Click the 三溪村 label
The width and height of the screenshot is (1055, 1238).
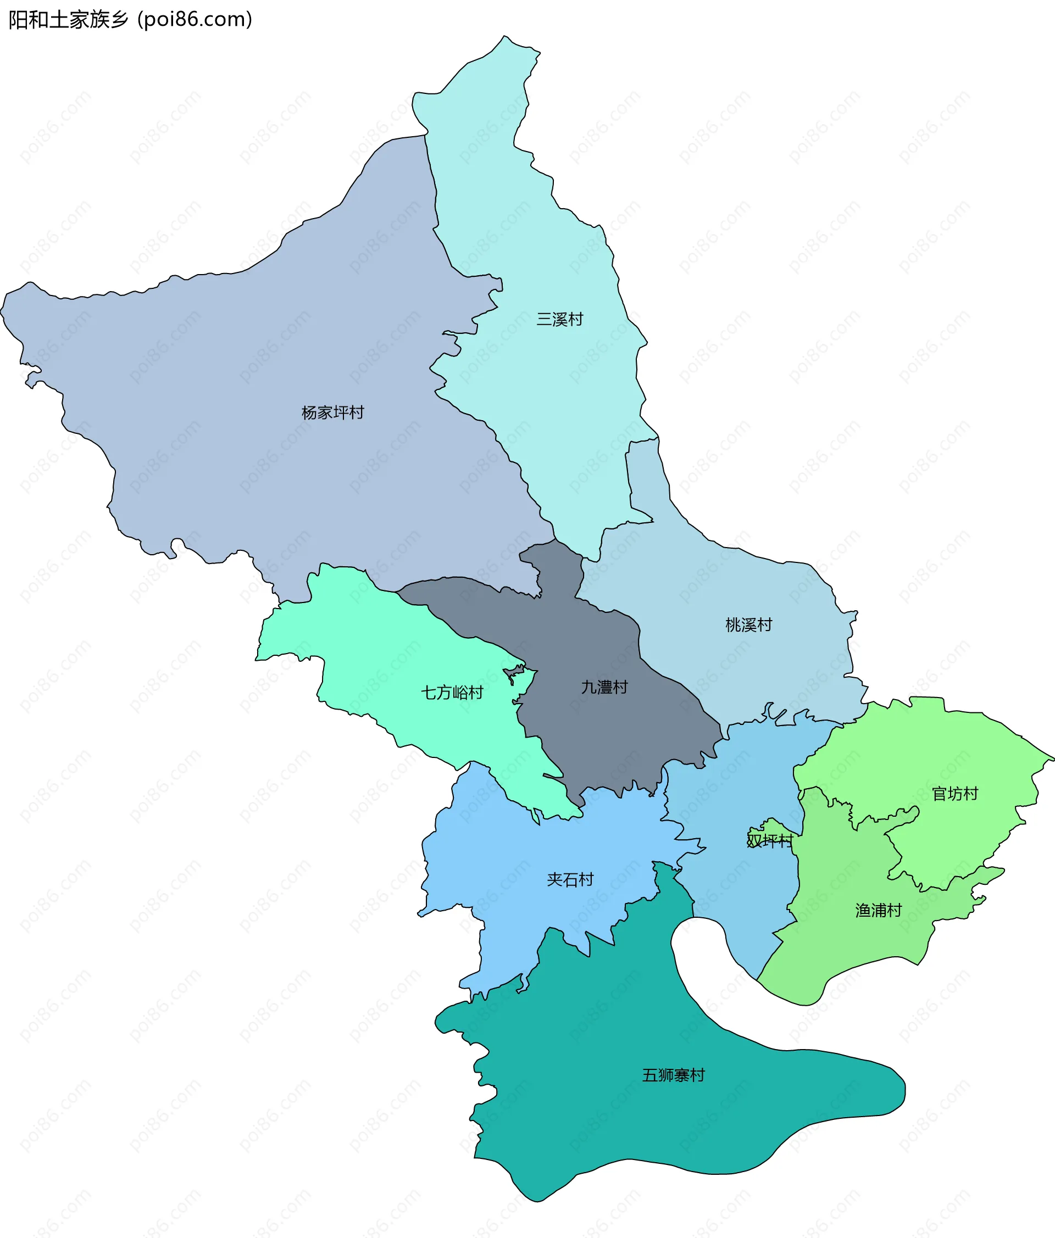559,320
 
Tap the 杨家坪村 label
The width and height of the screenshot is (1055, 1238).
332,413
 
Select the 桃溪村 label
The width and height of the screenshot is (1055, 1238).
748,625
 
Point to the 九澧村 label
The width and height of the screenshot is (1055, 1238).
604,687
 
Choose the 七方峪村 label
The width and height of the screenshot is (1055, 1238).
452,693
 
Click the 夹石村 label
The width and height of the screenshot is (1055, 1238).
570,879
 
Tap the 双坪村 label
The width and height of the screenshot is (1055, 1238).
769,841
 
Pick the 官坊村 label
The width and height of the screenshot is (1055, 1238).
954,794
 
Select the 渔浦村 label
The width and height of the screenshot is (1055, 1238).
878,911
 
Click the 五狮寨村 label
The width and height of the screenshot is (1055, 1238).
673,1075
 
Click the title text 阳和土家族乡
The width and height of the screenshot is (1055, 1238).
68,20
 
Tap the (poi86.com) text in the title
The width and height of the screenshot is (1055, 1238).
195,20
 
